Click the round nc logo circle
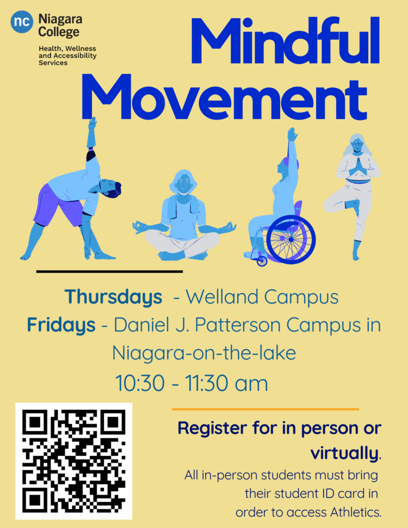tap(22, 22)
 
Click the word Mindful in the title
tap(285, 41)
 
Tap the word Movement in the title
tap(224, 97)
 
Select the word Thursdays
tap(113, 298)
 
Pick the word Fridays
tap(61, 325)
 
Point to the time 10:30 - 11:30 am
tap(191, 383)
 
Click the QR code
tap(74, 461)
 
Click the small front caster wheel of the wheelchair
tap(262, 261)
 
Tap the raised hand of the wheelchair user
tap(292, 135)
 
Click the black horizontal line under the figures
tap(109, 271)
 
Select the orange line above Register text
tap(266, 409)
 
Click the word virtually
tap(345, 453)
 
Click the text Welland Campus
tap(262, 297)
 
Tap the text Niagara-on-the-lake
tap(204, 353)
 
